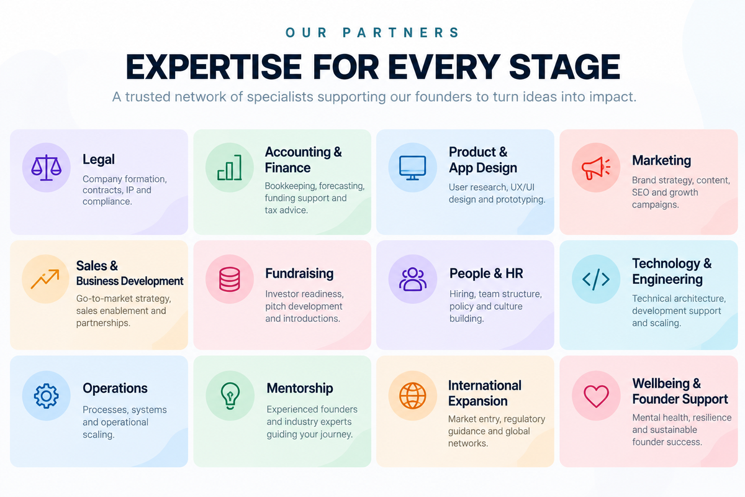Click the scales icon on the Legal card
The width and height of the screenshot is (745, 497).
click(46, 168)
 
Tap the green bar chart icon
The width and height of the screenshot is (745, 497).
click(230, 168)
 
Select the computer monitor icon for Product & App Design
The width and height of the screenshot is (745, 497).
click(412, 168)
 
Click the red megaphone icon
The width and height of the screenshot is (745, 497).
click(595, 168)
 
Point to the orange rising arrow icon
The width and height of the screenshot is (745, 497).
click(45, 279)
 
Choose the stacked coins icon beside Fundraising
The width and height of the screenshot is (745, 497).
click(230, 280)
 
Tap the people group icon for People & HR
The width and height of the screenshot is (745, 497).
click(412, 280)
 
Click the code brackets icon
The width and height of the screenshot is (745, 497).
click(595, 280)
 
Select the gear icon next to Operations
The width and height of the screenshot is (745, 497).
click(46, 396)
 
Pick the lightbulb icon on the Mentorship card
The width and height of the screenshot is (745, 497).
click(230, 396)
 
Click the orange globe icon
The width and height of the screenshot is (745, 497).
click(412, 396)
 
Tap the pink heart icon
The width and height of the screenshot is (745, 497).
click(596, 396)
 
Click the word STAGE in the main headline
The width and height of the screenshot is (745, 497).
click(564, 66)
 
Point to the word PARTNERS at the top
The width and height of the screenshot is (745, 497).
click(401, 33)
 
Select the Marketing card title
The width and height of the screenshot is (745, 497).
click(661, 160)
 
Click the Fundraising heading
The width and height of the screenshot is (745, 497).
click(299, 273)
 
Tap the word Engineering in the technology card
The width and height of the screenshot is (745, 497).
click(667, 280)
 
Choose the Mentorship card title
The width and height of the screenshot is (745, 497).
click(300, 388)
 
